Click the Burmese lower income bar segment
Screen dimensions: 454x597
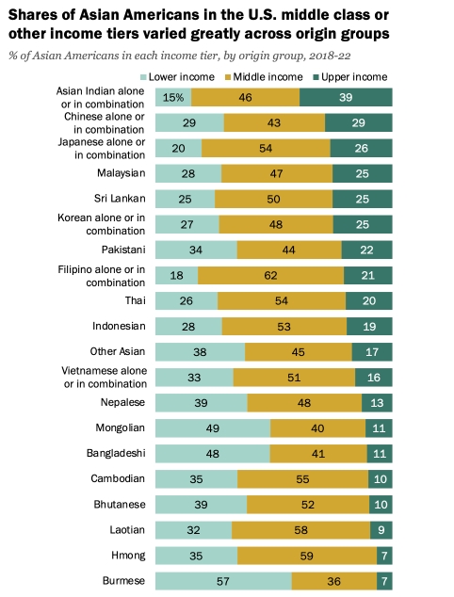coord(223,581)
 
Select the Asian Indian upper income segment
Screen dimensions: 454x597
coord(346,97)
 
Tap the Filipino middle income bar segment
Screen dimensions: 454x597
coord(271,275)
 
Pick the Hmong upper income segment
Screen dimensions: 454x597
coord(384,556)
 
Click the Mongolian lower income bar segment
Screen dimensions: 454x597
coord(213,428)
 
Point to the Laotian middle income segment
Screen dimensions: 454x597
coord(300,530)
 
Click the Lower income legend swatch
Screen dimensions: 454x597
coord(143,77)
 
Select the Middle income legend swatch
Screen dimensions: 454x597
coord(228,77)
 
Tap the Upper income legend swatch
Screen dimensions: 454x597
coord(316,77)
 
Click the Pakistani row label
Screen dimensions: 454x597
coord(123,250)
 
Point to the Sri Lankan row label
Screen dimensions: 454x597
coord(120,199)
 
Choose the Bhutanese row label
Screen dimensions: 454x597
coord(120,505)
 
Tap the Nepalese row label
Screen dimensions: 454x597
coord(122,402)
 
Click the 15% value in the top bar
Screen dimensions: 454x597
coord(173,98)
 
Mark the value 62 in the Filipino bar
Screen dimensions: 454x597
coord(271,275)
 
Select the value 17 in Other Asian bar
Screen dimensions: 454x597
coord(372,352)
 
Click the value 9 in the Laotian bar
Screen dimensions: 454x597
coord(381,530)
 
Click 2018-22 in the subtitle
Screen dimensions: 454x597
coord(330,56)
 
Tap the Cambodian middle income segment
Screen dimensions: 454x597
coord(302,479)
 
